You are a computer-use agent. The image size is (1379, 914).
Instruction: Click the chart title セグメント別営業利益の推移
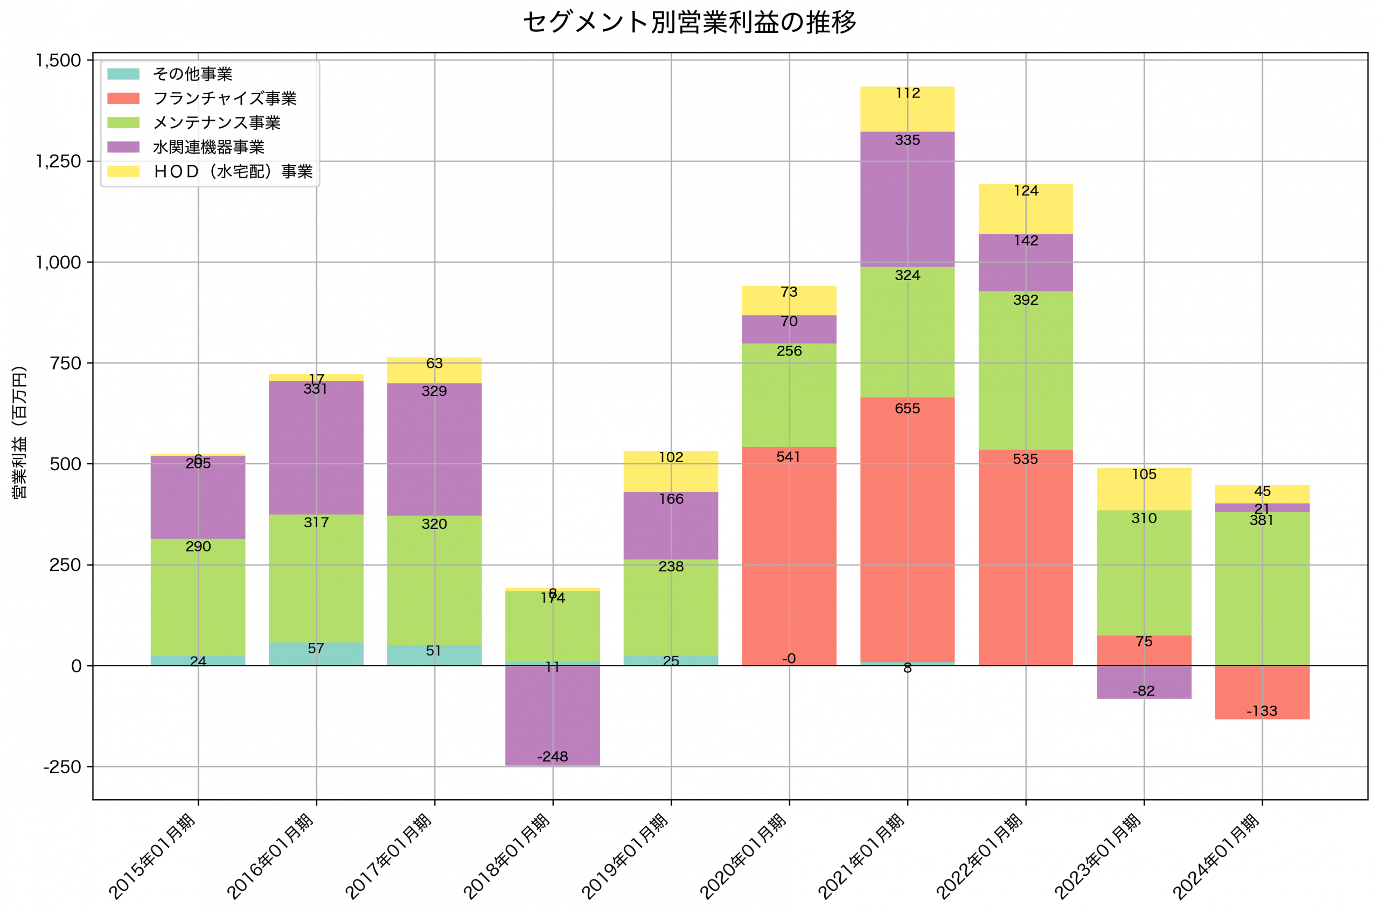tap(689, 23)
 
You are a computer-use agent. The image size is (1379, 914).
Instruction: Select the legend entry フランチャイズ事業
tap(225, 99)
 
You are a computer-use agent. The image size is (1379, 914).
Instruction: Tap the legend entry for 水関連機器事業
tap(208, 147)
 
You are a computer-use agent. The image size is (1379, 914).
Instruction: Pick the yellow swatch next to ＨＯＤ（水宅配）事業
tap(123, 171)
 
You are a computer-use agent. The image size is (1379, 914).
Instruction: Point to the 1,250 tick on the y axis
tap(58, 162)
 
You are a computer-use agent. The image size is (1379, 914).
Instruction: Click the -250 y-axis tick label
tap(62, 767)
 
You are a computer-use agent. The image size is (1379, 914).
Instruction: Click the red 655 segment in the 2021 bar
tap(907, 525)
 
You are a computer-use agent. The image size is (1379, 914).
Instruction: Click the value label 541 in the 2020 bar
tap(789, 457)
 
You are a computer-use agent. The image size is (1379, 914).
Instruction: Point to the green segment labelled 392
tap(1025, 373)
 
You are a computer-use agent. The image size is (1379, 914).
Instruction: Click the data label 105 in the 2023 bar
tap(1144, 475)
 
